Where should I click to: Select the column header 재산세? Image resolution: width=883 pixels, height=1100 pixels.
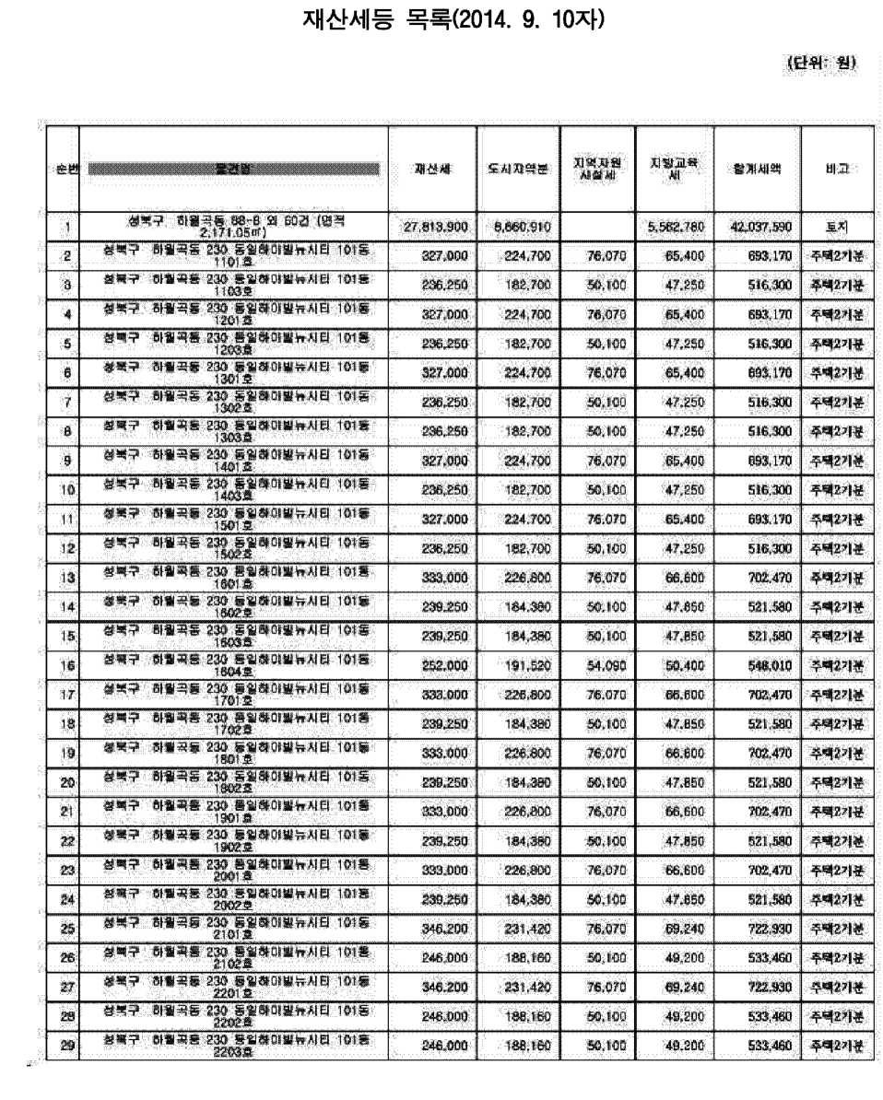tap(431, 170)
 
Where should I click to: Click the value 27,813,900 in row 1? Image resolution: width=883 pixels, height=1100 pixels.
tap(438, 226)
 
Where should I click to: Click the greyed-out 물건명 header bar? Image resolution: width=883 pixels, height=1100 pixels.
tap(234, 170)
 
